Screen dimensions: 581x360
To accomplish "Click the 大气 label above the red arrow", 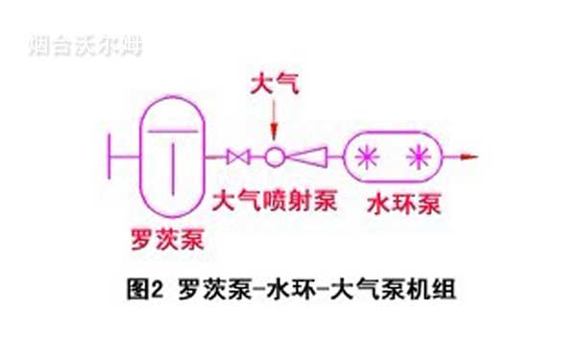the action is tap(274, 85).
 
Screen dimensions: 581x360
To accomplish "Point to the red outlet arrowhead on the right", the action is tap(470, 156).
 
